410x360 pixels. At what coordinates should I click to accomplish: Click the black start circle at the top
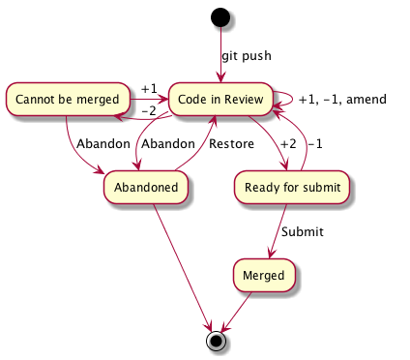coord(220,17)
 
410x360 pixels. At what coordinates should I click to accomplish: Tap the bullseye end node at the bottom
coord(218,340)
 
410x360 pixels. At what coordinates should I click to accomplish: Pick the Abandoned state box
coord(146,188)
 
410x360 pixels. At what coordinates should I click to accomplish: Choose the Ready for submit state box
coord(291,188)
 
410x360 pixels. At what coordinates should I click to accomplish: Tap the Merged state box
coord(263,276)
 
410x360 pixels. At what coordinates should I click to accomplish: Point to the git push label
coord(248,55)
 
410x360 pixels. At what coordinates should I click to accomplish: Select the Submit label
coord(302,232)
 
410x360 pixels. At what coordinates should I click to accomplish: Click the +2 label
coord(288,143)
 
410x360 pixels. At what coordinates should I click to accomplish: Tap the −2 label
coord(148,110)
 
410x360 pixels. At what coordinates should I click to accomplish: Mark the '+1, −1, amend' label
coord(342,99)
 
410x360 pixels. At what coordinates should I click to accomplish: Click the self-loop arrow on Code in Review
coord(287,96)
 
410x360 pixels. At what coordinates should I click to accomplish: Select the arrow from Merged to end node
coord(241,310)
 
